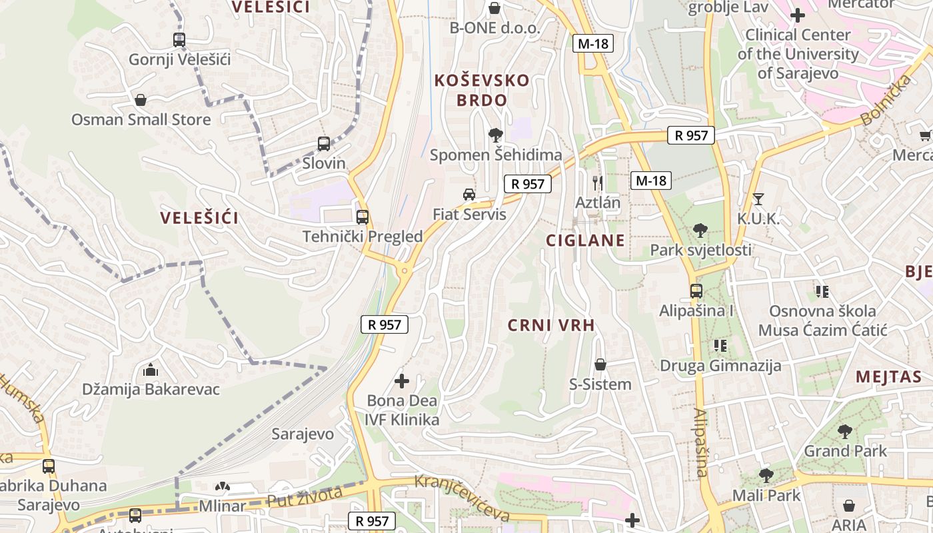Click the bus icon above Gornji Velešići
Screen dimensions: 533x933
[x=179, y=40]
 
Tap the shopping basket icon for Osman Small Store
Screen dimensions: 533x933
[x=141, y=101]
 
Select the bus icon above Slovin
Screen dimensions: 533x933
[x=324, y=144]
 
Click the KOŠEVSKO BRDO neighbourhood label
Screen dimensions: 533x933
[x=482, y=91]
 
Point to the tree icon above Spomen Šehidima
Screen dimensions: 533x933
[x=495, y=135]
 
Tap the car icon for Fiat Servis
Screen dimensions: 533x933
[x=469, y=195]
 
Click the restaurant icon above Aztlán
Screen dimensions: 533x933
[x=597, y=183]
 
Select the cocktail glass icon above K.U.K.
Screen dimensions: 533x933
[x=758, y=199]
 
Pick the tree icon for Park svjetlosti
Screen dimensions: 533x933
[x=700, y=231]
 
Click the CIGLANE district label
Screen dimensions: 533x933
[x=586, y=241]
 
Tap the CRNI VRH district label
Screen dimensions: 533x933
[x=551, y=325]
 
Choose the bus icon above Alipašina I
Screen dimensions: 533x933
[x=696, y=291]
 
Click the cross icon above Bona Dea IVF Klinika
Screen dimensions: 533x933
[x=402, y=381]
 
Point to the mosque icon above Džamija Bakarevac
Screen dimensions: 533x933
[x=151, y=369]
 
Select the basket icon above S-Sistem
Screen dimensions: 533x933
[x=600, y=364]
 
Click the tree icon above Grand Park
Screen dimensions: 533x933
[x=845, y=432]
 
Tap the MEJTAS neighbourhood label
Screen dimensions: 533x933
[x=888, y=377]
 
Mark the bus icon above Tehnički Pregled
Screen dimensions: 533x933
[x=363, y=217]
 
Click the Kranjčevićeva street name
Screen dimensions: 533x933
[x=462, y=498]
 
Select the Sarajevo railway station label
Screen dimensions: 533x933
[x=303, y=434]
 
